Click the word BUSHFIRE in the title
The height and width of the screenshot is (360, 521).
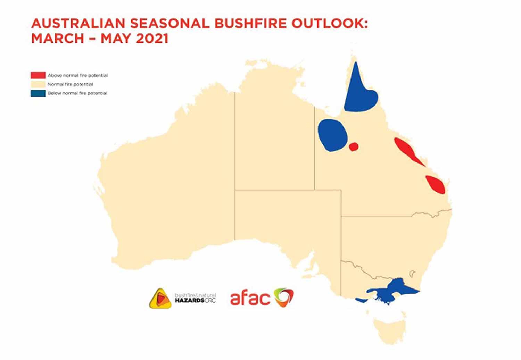[250, 24]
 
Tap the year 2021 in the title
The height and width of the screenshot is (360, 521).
[152, 38]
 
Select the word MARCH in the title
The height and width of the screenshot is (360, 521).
[57, 38]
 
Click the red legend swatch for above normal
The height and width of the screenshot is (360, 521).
[38, 75]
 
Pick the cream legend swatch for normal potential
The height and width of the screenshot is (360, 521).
[38, 84]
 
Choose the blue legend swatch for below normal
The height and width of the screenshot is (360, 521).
[38, 93]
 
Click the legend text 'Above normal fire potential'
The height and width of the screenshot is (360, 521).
[78, 76]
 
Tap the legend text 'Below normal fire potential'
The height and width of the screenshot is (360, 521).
[77, 93]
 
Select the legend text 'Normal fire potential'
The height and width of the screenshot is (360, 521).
[70, 84]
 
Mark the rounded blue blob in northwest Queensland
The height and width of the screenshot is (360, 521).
[333, 135]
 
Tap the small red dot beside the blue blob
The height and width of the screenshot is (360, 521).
[354, 147]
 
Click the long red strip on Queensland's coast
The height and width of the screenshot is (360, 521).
[408, 151]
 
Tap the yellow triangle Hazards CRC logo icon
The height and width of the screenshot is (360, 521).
[160, 299]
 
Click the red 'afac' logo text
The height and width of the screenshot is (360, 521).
[250, 298]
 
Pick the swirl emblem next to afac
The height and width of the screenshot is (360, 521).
[283, 298]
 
